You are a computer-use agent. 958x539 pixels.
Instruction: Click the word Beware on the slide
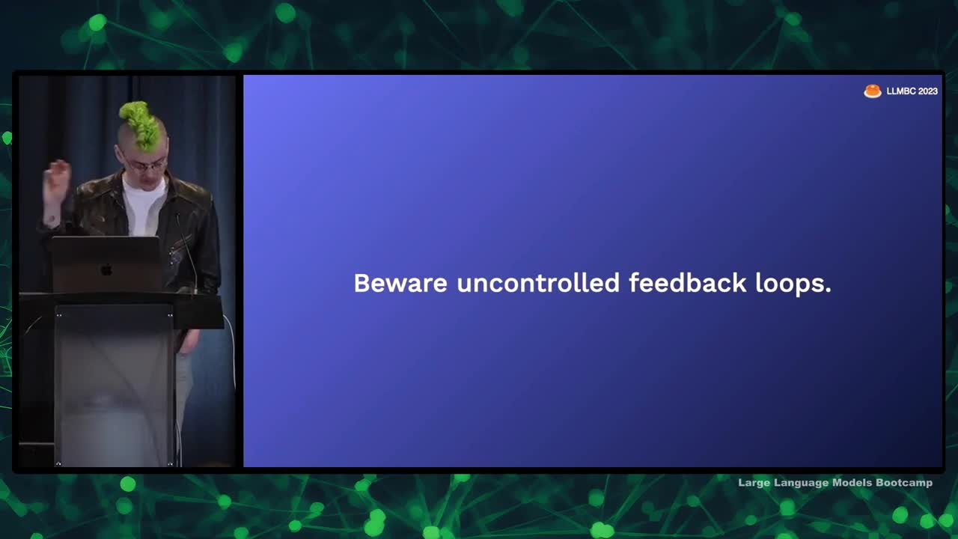click(x=400, y=283)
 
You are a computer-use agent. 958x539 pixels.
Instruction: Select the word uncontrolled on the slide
click(x=538, y=283)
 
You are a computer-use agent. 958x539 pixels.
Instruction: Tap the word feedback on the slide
click(x=687, y=283)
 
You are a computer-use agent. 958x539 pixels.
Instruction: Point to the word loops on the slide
click(x=793, y=284)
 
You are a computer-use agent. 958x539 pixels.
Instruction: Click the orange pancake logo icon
click(x=873, y=91)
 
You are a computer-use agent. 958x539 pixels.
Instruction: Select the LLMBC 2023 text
click(x=912, y=91)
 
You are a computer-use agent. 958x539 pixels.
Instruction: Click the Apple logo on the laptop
click(x=106, y=269)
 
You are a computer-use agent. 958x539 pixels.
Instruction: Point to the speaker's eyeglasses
click(x=144, y=164)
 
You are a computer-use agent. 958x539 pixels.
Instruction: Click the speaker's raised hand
click(x=57, y=180)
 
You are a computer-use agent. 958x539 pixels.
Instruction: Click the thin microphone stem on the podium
click(x=187, y=253)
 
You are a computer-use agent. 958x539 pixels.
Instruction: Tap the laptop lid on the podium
click(x=106, y=264)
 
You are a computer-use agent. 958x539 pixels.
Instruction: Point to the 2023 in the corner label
click(x=927, y=91)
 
